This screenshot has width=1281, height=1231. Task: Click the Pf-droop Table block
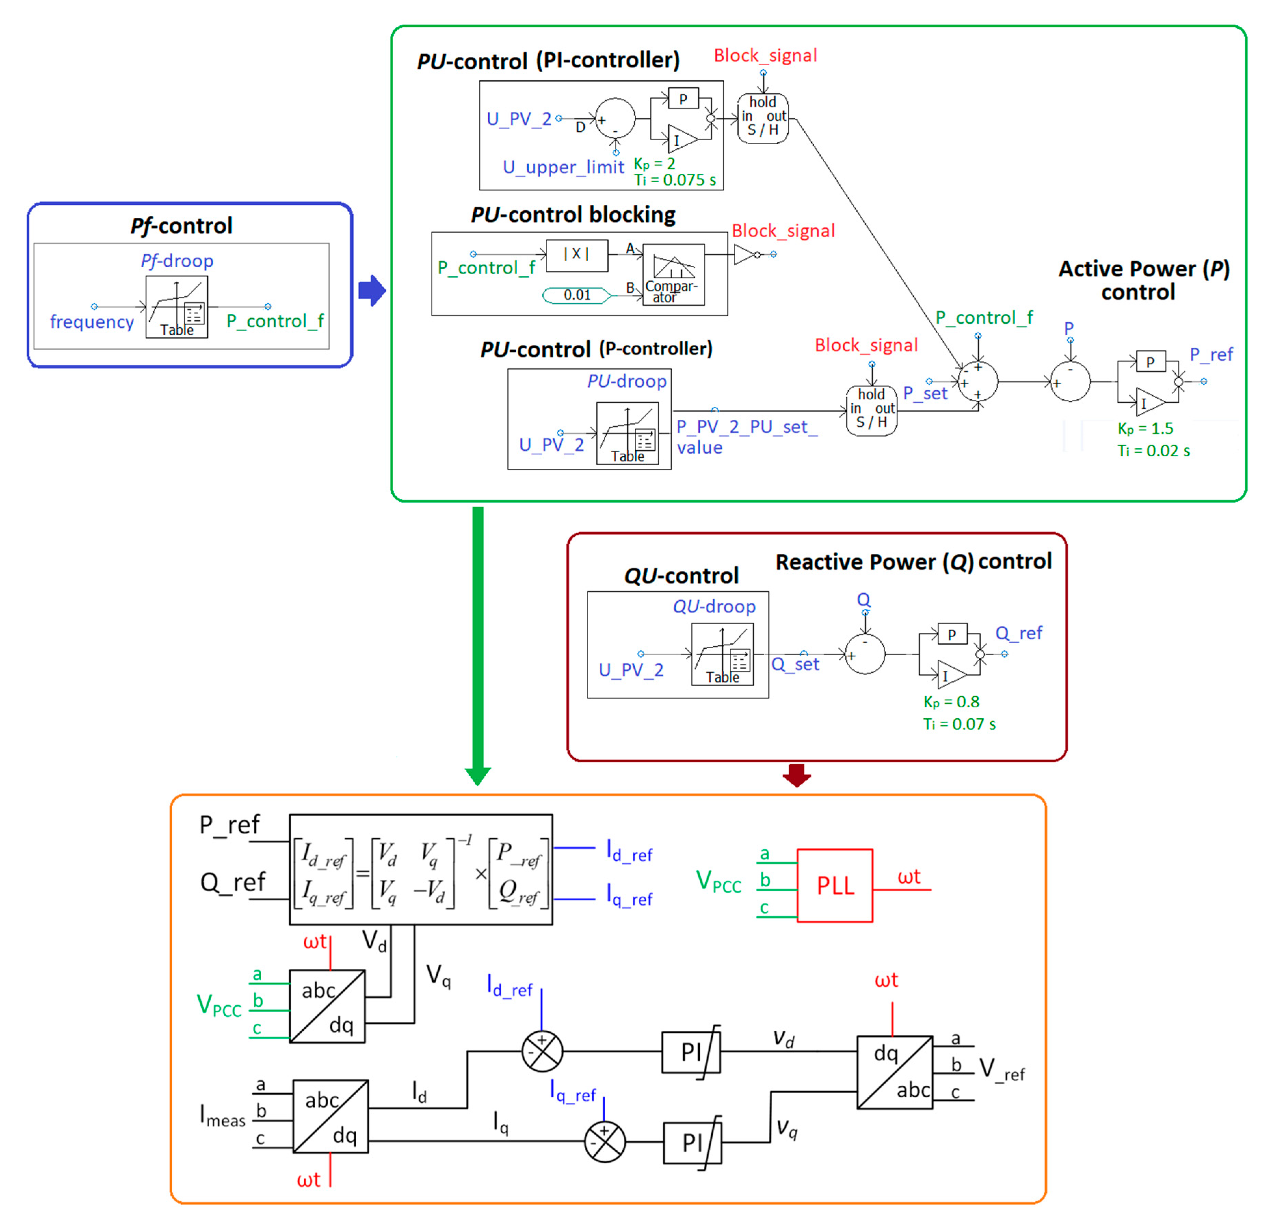pyautogui.click(x=176, y=306)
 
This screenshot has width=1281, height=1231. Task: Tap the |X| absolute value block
pyautogui.click(x=577, y=254)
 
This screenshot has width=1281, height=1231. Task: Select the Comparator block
pyautogui.click(x=673, y=275)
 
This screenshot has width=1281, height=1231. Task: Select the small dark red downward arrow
pyautogui.click(x=797, y=775)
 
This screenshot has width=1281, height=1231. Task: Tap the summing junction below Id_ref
pyautogui.click(x=542, y=1051)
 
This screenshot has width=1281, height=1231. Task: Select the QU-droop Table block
pyautogui.click(x=722, y=654)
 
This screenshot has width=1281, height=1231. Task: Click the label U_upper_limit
pyautogui.click(x=563, y=167)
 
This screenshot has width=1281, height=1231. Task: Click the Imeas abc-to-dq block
pyautogui.click(x=330, y=1116)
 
